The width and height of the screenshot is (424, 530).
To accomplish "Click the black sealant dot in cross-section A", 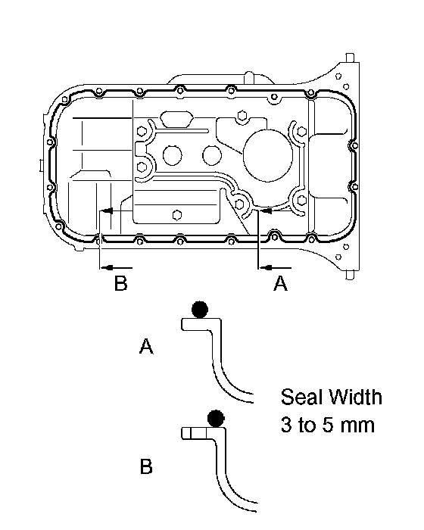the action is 200,309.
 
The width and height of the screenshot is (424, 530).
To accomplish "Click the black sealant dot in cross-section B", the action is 216,418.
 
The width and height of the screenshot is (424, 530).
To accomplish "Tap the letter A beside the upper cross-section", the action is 146,346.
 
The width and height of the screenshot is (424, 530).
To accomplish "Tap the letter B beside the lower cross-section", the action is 146,466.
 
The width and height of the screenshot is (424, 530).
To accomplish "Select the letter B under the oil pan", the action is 120,283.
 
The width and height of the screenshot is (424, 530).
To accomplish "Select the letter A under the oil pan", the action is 280,283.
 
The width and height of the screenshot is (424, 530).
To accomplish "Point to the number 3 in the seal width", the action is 286,425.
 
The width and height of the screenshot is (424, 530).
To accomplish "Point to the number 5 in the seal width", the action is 327,425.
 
